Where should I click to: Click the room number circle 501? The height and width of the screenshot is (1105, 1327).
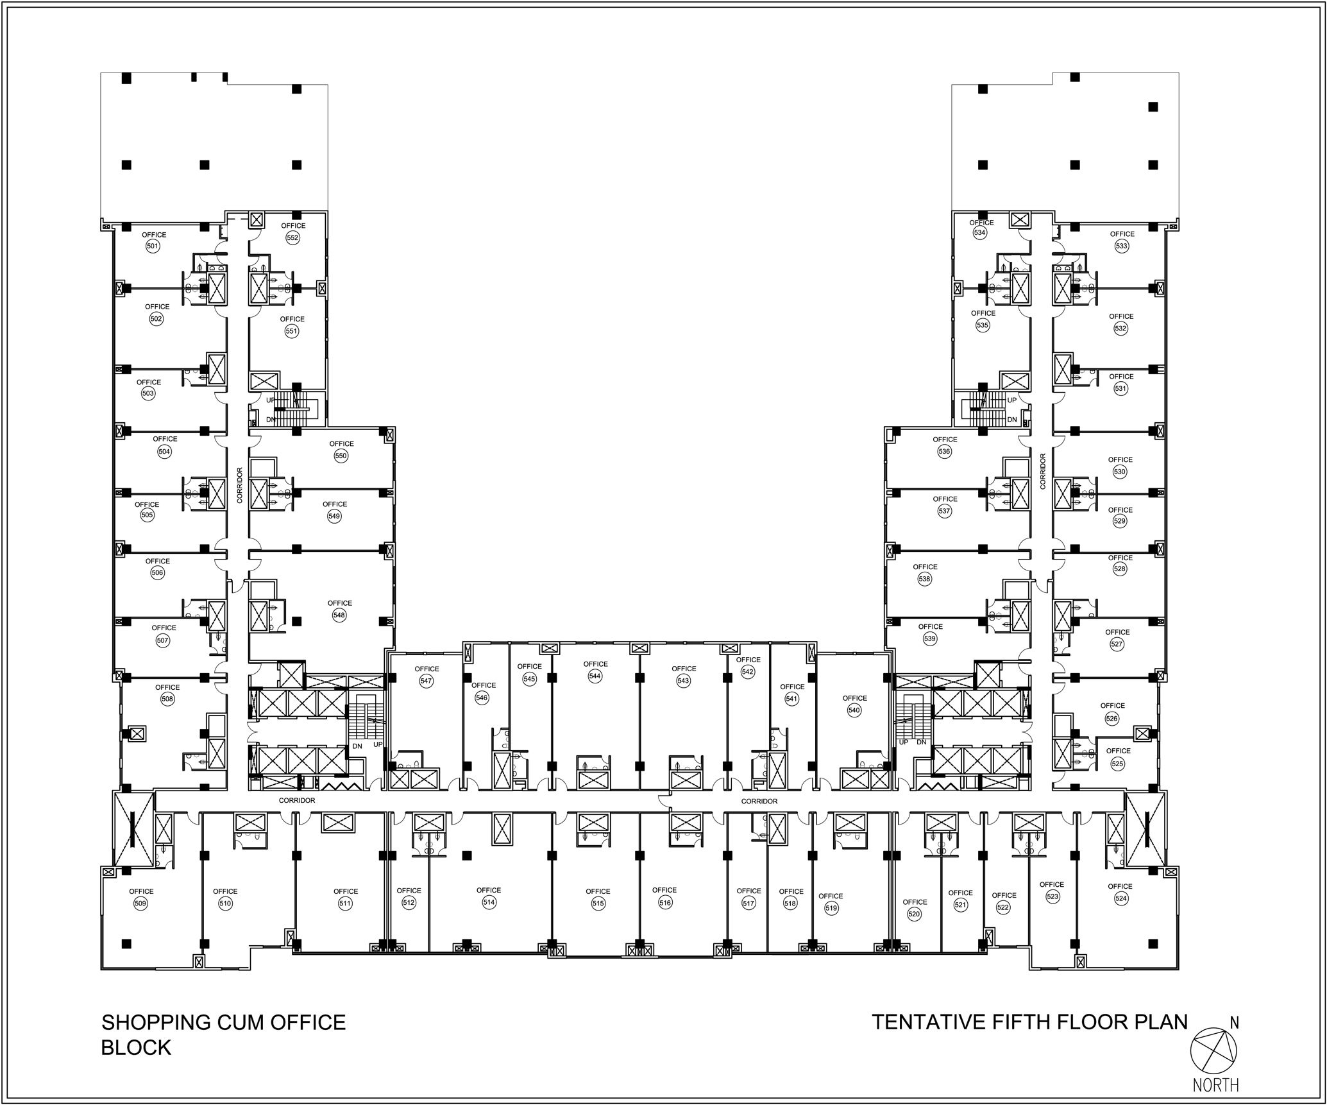[x=153, y=246]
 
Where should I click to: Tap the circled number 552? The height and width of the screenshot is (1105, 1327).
[x=292, y=237]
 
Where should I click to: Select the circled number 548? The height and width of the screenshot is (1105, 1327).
[x=339, y=615]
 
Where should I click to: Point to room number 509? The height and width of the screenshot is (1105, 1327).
[x=140, y=904]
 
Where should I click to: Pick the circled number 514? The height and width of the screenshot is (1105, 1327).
[x=489, y=902]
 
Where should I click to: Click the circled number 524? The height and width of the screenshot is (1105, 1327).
[x=1120, y=898]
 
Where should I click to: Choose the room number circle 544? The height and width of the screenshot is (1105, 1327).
[x=595, y=676]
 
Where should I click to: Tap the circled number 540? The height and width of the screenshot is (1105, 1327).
[x=854, y=710]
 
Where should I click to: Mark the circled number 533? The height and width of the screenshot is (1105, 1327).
[x=1122, y=246]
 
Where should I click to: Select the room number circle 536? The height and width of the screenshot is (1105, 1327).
[x=944, y=451]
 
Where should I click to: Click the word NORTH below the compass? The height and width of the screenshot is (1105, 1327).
[x=1215, y=1084]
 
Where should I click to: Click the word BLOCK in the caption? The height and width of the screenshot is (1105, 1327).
[x=137, y=1047]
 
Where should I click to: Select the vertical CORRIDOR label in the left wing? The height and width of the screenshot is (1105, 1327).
[x=239, y=485]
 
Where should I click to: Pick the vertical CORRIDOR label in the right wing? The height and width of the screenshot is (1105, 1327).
[x=1043, y=471]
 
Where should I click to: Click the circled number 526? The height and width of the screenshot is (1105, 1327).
[x=1112, y=718]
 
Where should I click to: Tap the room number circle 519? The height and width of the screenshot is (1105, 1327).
[x=831, y=908]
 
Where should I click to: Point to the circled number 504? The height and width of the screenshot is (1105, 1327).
[x=164, y=451]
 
